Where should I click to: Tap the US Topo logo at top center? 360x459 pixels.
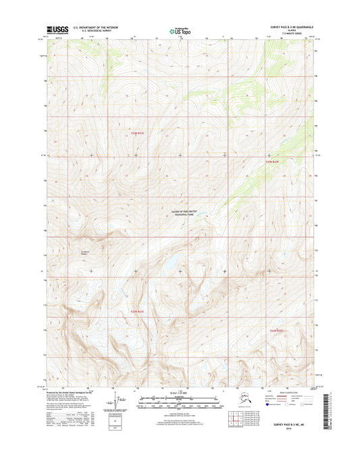pos(180,30)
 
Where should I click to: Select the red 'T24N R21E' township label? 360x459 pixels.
pos(137,133)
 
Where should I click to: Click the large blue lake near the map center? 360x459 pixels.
pos(172,262)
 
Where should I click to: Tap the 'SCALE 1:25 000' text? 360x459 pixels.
pos(180,394)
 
